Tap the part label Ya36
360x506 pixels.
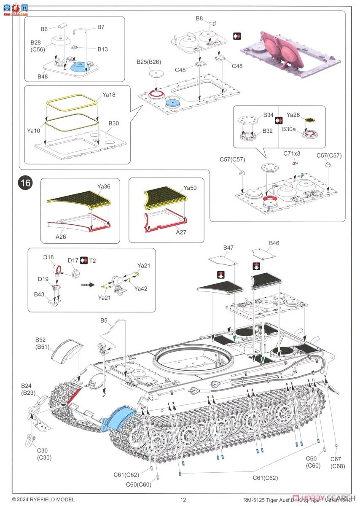coord(103,186)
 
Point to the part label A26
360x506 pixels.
coord(61,237)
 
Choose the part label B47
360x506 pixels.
coord(228,248)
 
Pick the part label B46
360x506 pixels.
coord(274,243)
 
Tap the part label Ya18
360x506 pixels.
coord(109,95)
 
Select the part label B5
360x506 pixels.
coord(104,320)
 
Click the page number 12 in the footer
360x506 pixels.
coord(183,500)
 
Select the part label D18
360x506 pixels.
coord(48,257)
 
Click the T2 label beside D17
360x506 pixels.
coord(92,261)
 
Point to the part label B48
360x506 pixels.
coord(43,76)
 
